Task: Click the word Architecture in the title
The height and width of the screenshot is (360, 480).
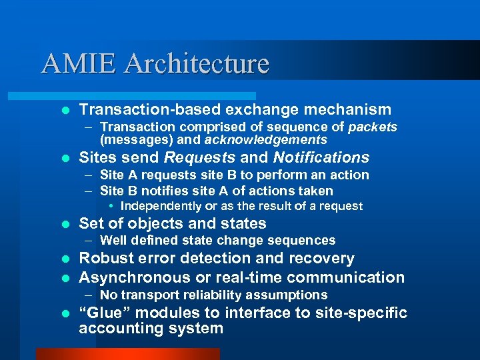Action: click(197, 63)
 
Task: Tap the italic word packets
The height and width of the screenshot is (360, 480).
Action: click(372, 127)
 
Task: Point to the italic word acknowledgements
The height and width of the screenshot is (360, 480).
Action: click(265, 140)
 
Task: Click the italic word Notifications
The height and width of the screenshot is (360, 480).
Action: click(321, 158)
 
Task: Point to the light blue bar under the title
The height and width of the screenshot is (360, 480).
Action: click(147, 96)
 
